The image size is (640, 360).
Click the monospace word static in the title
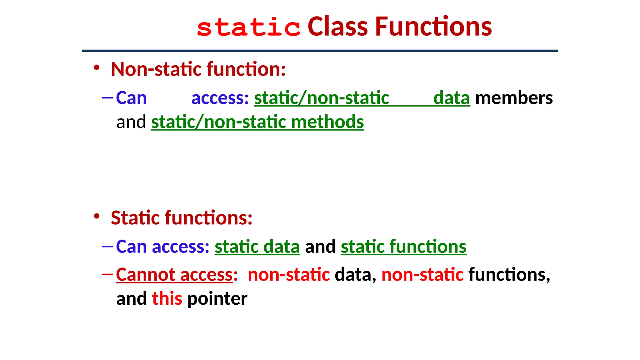coord(248,27)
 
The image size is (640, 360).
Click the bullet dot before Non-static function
coord(97,67)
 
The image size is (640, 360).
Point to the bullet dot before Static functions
coord(97,216)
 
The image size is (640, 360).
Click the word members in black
coord(514,98)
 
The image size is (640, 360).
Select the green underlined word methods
coord(327,122)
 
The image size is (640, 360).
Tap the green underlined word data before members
coord(451,98)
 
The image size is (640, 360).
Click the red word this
coord(167,298)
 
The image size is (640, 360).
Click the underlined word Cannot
coord(145,275)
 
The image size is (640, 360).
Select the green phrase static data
coord(257,247)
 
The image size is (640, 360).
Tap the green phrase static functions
coord(403,247)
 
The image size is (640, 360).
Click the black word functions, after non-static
coord(509,275)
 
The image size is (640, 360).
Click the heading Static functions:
coord(182,218)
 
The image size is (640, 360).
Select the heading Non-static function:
coord(198,69)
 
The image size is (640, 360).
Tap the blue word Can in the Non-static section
coord(131,98)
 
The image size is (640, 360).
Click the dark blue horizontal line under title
coord(320,51)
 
